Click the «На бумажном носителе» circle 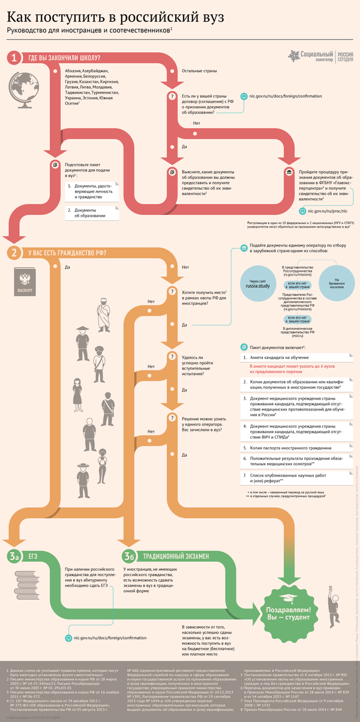coord(337,283)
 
